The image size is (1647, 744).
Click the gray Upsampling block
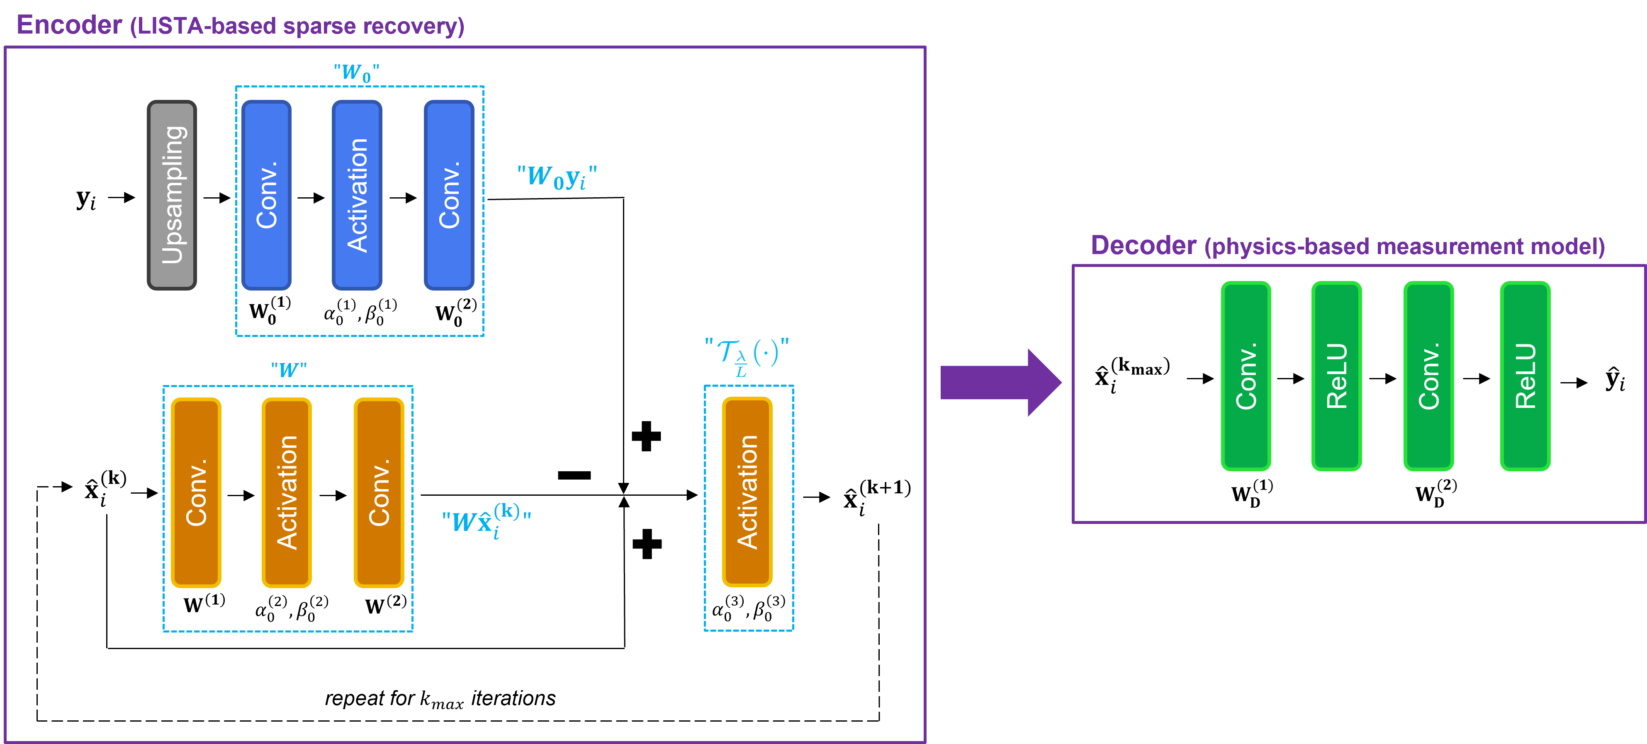point(171,195)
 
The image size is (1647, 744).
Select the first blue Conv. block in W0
point(266,195)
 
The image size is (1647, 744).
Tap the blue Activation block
point(357,195)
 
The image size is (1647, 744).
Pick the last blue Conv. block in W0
point(449,195)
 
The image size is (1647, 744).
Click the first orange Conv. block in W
point(196,492)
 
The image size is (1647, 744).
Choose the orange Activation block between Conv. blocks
point(287,492)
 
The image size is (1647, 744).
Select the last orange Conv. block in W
point(379,492)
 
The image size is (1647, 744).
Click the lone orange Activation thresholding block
point(747,492)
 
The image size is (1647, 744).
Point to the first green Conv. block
point(1246,376)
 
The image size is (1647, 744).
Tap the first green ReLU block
point(1336,376)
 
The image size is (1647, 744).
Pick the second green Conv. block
point(1428,376)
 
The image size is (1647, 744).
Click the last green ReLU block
point(1525,376)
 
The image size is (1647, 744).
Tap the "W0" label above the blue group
point(356,72)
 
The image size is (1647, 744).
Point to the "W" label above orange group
point(288,369)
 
